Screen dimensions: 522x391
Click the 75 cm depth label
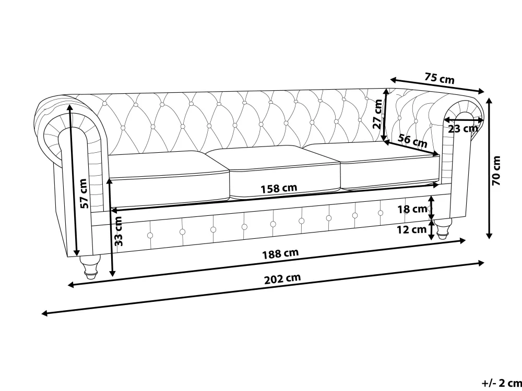pyautogui.click(x=440, y=79)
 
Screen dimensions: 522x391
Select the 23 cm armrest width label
pyautogui.click(x=462, y=128)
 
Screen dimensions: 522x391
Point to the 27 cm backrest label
pyautogui.click(x=377, y=114)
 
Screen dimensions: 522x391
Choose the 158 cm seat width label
pyautogui.click(x=279, y=189)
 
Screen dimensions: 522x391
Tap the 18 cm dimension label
pyautogui.click(x=412, y=209)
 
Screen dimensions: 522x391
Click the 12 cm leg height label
pyautogui.click(x=412, y=229)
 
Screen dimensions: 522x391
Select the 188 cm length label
pyautogui.click(x=280, y=254)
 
